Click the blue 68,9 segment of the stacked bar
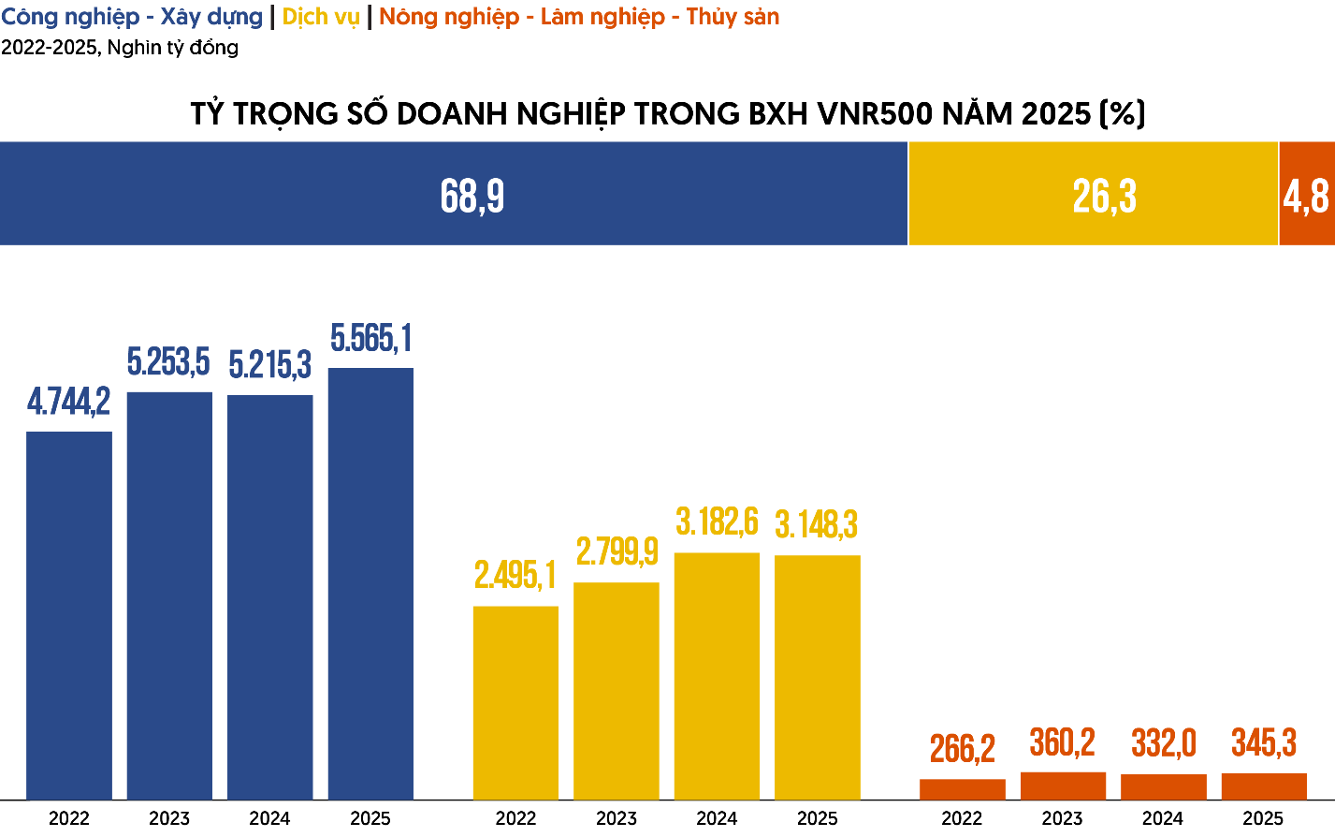click(454, 194)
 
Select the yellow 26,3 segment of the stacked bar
click(1093, 194)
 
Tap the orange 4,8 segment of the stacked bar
click(1306, 194)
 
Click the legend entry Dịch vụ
click(321, 17)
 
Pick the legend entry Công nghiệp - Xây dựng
click(132, 17)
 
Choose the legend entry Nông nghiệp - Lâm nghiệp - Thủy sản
click(579, 17)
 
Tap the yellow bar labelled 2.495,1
click(515, 702)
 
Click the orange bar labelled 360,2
click(1063, 786)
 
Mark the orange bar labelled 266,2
click(963, 789)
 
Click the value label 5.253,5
click(168, 361)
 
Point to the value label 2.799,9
click(617, 552)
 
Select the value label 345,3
click(1264, 743)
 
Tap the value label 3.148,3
click(817, 525)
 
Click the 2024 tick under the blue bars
click(269, 818)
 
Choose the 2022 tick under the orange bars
click(962, 818)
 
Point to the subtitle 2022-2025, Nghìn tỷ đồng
click(120, 47)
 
